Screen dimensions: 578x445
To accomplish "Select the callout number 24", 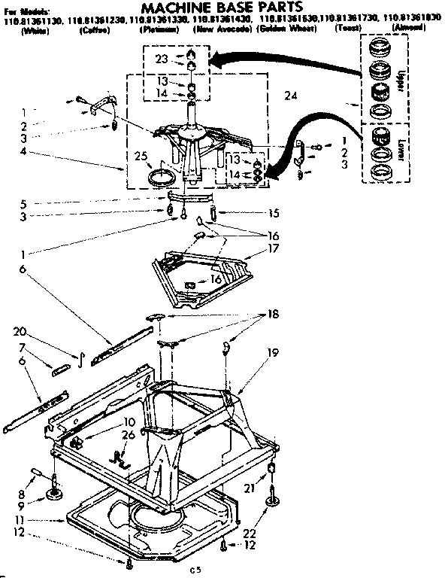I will [x=291, y=96].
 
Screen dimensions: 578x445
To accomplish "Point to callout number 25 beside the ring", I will [x=139, y=157].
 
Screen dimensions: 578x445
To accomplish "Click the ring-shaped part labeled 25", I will [x=161, y=178].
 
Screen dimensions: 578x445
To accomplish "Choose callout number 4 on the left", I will [x=23, y=152].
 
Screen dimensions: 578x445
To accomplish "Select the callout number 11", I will [x=23, y=519].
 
